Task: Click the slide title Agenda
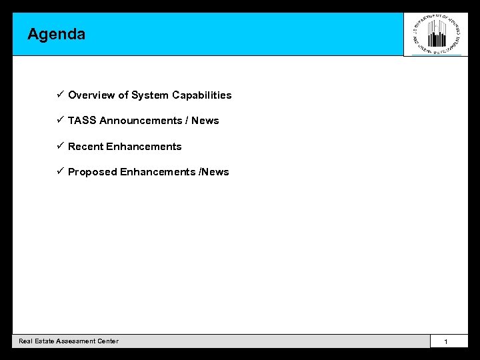[57, 34]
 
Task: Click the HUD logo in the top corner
[437, 34]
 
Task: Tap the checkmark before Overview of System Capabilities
[59, 95]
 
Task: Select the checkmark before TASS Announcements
[59, 120]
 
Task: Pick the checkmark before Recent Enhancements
[59, 146]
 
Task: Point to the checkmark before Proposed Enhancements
[59, 171]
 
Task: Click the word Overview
[91, 95]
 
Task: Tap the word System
[150, 95]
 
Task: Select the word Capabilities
[202, 95]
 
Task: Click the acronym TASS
[82, 121]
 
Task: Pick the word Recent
[85, 147]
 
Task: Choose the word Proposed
[93, 172]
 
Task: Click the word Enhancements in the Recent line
[144, 147]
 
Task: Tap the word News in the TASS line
[205, 121]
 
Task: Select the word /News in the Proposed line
[213, 172]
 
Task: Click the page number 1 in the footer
[446, 342]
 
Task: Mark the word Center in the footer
[108, 341]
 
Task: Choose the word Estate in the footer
[41, 341]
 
